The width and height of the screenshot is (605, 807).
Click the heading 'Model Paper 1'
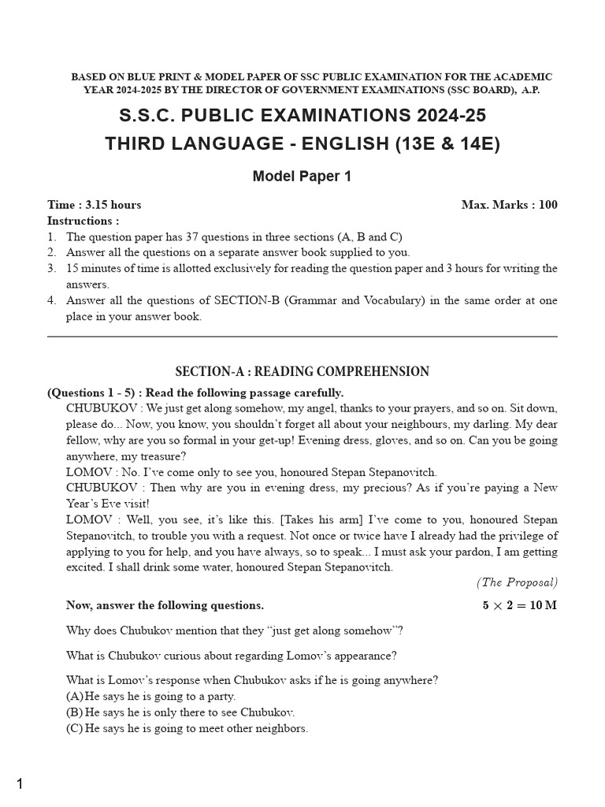click(x=302, y=177)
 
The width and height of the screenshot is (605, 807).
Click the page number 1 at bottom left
click(x=20, y=783)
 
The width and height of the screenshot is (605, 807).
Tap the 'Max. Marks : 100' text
click(x=509, y=205)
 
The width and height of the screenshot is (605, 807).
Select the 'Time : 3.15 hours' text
click(x=95, y=205)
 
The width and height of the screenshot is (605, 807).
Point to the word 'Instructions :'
click(x=84, y=221)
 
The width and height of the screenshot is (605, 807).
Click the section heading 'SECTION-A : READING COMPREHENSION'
click(x=302, y=372)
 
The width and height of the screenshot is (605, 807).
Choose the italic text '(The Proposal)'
click(x=517, y=582)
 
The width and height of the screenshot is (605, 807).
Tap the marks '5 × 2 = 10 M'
click(x=519, y=605)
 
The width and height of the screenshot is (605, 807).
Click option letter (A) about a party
click(x=75, y=697)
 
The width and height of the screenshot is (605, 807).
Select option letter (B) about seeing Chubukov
click(x=75, y=712)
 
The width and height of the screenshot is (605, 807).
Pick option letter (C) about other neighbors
click(x=75, y=728)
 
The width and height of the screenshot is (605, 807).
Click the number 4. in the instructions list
click(x=51, y=300)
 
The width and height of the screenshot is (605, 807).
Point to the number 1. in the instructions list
click(x=51, y=236)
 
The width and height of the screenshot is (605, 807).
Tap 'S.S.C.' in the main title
click(x=147, y=116)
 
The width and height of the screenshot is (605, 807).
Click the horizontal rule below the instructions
click(x=302, y=337)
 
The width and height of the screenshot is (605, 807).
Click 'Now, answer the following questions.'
click(x=165, y=605)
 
